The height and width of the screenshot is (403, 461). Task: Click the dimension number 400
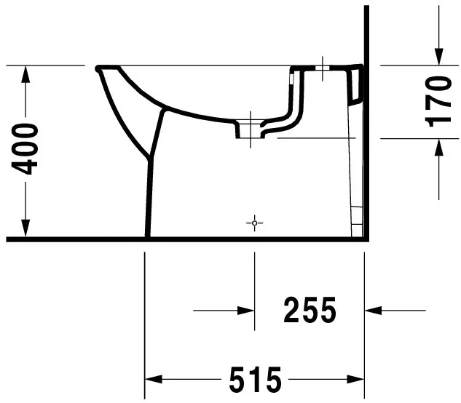[27, 149]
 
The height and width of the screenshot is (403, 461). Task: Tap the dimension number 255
[310, 311]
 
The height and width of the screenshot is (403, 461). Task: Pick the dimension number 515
[255, 379]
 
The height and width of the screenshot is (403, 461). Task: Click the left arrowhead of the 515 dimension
[152, 379]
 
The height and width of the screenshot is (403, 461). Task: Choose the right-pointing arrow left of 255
[248, 311]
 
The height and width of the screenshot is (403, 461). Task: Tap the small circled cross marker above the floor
[254, 222]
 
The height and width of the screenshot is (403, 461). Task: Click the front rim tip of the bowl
[98, 68]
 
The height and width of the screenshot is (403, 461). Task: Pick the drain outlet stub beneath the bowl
[247, 132]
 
